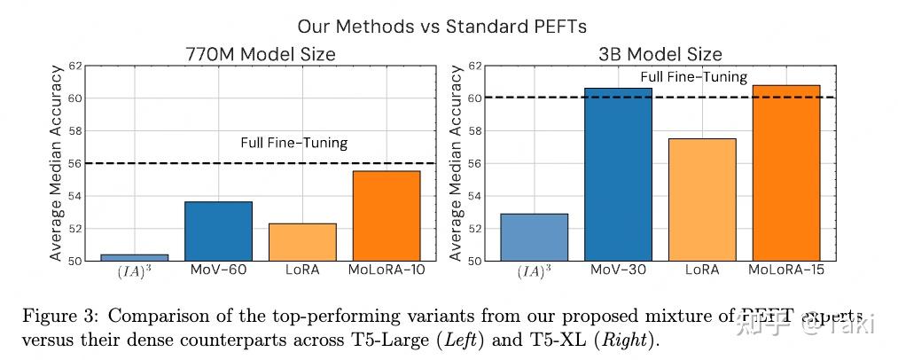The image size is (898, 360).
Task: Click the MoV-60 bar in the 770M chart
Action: [x=218, y=231]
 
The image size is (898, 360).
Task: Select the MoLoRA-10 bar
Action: [x=387, y=215]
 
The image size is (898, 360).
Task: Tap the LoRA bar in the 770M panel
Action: [x=302, y=242]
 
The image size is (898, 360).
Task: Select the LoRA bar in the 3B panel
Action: [x=702, y=200]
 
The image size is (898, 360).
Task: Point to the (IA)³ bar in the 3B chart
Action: [x=534, y=237]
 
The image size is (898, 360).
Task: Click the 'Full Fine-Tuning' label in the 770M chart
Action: [x=294, y=143]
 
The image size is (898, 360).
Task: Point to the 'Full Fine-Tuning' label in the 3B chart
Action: [x=694, y=78]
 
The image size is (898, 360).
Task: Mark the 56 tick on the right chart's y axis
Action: [x=475, y=163]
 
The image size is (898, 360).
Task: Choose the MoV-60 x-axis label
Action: [x=218, y=270]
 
